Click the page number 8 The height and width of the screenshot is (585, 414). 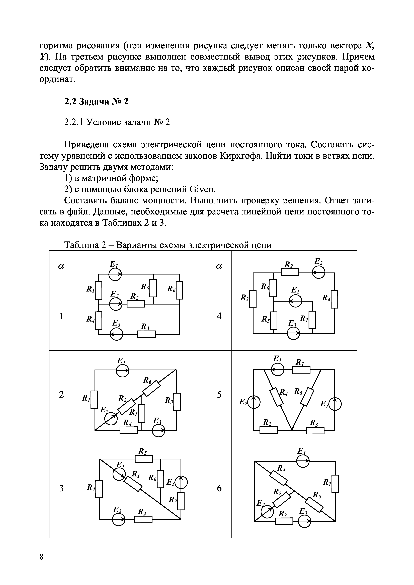[42, 564]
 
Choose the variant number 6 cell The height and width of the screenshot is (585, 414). [219, 488]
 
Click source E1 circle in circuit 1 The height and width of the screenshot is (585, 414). [115, 274]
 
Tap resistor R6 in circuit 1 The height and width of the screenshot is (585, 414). [180, 290]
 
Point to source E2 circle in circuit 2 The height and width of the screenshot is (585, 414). [111, 419]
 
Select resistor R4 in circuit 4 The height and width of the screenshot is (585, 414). [334, 299]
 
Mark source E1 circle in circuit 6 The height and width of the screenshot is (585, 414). [303, 461]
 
